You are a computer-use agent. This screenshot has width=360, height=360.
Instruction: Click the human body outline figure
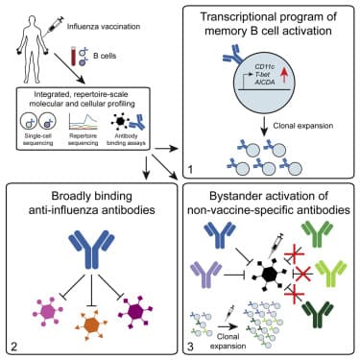click(35, 49)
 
